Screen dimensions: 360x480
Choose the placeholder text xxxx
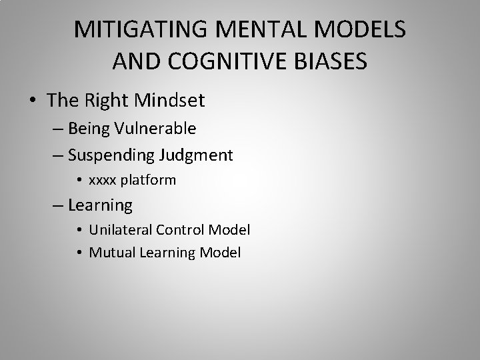point(103,181)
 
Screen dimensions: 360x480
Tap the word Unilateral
point(120,230)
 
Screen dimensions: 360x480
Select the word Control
point(180,230)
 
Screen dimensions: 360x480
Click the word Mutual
point(110,253)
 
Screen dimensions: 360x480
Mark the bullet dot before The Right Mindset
point(33,101)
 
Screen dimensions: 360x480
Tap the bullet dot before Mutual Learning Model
point(79,253)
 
